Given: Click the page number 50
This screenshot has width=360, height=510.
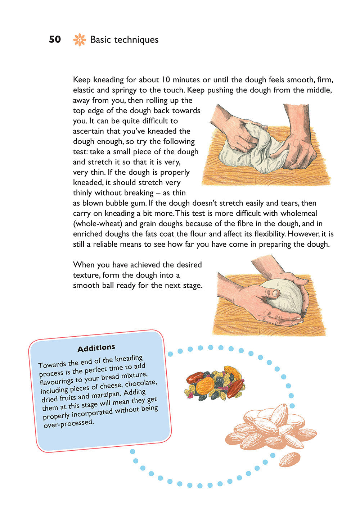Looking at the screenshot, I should pos(55,40).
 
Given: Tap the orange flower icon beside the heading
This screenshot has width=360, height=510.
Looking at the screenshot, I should pos(79,40).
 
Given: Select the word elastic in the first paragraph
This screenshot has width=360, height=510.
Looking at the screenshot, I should pos(84,90).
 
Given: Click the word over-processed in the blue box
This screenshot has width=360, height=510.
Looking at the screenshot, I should pos(68,424).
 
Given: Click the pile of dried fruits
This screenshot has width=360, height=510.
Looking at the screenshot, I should pos(215,383).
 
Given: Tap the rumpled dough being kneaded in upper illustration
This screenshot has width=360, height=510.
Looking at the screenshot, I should pos(252,151).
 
